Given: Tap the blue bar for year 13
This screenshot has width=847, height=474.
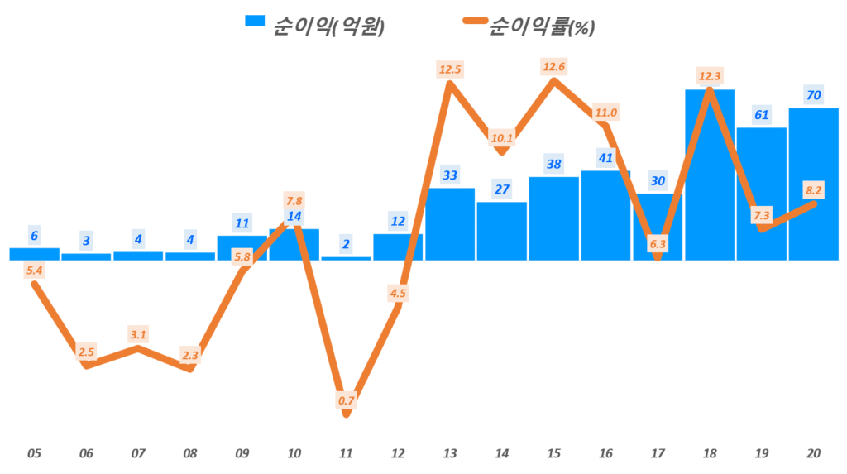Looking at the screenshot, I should pos(450,224).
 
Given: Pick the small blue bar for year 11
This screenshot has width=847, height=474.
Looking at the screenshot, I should pos(346,258).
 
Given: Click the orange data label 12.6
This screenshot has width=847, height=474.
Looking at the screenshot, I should pos(554,65).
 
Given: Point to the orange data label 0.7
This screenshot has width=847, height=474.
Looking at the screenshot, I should pos(347,401).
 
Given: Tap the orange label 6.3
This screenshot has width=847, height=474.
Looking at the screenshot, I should pos(658,244).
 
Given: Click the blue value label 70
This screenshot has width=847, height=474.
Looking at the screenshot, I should pos(813,95).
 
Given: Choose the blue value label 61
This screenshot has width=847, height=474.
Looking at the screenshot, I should pos(762,115).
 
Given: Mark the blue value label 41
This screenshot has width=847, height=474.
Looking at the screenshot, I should pos(605,158).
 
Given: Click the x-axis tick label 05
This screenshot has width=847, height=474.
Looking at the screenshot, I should pos(34,453).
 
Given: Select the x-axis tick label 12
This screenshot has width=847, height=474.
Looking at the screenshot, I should pos(398,453).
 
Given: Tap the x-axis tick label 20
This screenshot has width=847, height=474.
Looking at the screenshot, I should pos(813,453).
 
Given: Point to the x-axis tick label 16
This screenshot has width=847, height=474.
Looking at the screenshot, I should pos(605,453).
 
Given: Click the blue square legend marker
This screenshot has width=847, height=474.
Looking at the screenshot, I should pos(255,20).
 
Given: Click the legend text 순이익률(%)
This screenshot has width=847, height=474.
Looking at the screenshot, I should pos(542,26).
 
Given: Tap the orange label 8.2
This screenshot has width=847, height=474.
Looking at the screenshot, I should pos(813,189).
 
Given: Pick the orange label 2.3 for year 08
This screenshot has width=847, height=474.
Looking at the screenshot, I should pos(190,356).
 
